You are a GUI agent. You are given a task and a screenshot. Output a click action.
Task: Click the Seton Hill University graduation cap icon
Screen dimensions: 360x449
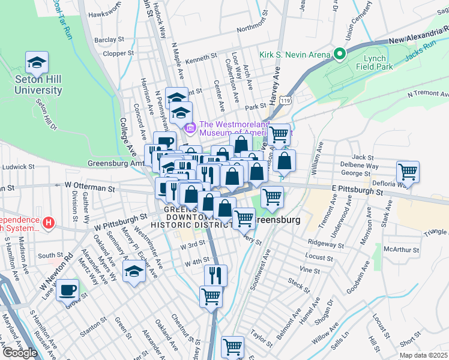(x=37, y=62)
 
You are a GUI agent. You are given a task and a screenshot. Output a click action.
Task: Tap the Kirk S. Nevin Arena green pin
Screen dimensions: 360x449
(x=339, y=55)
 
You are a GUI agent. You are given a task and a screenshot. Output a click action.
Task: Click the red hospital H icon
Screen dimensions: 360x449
(x=49, y=224)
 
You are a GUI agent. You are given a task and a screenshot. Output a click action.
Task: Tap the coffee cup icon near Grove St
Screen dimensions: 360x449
(x=68, y=290)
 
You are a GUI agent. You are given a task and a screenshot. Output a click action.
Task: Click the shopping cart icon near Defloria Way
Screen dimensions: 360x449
(x=408, y=172)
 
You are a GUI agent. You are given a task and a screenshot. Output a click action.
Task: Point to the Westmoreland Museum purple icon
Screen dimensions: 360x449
(x=191, y=127)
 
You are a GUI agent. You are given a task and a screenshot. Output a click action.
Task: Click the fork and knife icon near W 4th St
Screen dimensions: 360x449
(x=215, y=275)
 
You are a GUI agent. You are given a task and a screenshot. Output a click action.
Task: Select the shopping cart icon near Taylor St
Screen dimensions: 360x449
(x=232, y=347)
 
